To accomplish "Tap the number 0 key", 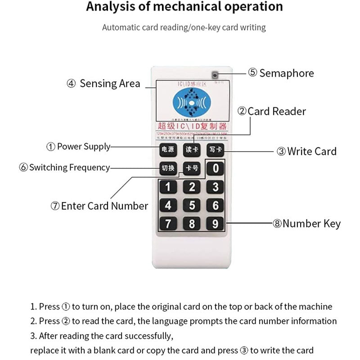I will click(x=216, y=169).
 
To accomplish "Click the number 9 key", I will click(x=216, y=223).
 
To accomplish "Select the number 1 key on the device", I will click(x=168, y=187).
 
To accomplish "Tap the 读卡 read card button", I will click(x=191, y=150).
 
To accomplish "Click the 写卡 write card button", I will click(x=215, y=150).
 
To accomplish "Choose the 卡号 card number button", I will click(x=191, y=169).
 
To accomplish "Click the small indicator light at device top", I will click(x=215, y=75).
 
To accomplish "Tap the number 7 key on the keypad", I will click(x=168, y=223).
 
